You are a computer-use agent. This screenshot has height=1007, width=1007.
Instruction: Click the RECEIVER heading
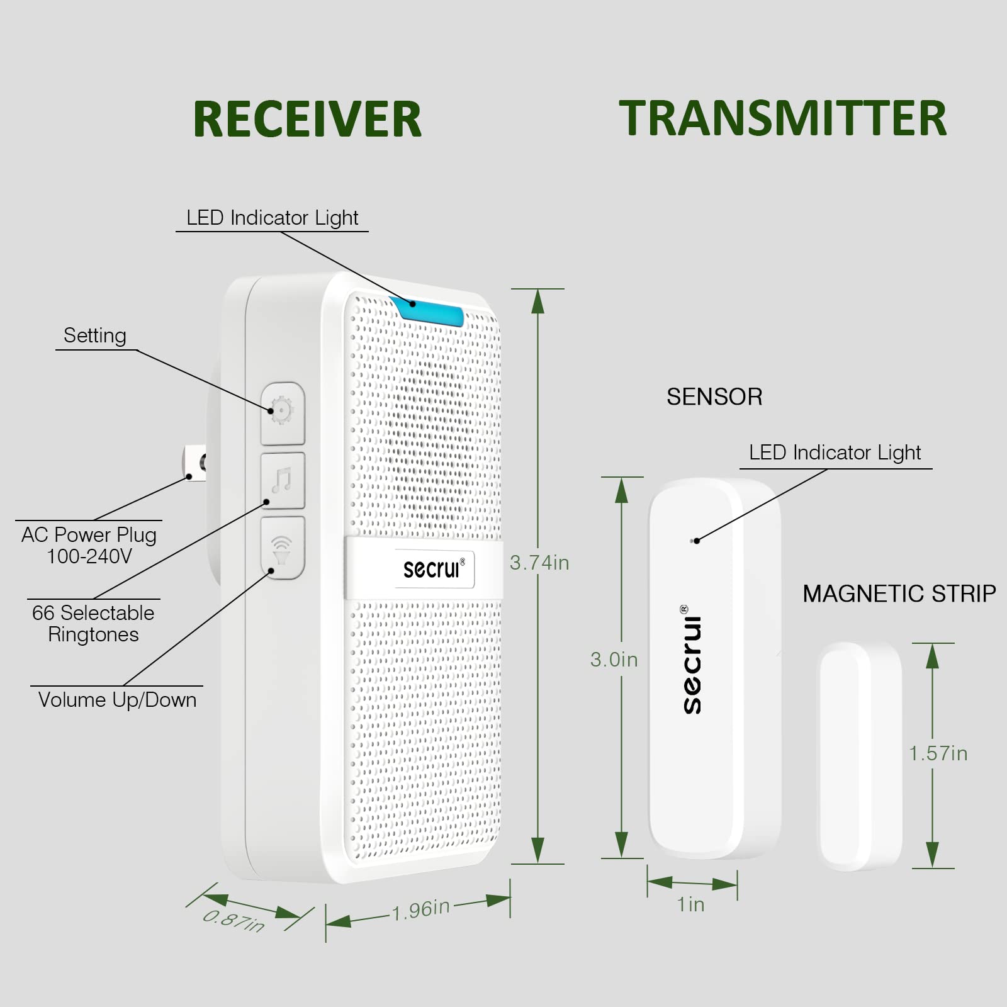(307, 119)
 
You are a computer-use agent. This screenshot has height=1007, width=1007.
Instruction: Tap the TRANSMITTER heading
(782, 118)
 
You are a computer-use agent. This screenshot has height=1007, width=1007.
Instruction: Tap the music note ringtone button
(283, 481)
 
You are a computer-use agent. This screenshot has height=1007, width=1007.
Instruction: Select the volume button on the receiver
(283, 548)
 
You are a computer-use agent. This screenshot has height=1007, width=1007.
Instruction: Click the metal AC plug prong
(194, 464)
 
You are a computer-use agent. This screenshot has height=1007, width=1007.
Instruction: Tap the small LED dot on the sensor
(694, 541)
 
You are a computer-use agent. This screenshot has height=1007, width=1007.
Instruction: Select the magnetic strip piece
(860, 756)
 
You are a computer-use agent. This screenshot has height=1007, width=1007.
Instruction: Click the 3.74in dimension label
(539, 563)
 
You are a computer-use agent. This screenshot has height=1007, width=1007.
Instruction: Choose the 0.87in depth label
(233, 920)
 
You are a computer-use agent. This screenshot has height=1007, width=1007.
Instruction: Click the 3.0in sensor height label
(614, 660)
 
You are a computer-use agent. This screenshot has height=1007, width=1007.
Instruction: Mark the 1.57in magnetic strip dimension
(938, 753)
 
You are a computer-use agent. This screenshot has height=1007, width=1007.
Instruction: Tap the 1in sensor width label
(690, 904)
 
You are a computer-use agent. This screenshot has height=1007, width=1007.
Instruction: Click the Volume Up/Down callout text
(117, 700)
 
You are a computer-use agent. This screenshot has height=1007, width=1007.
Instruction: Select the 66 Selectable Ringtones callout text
(93, 623)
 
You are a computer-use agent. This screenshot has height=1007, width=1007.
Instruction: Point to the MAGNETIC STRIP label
(899, 594)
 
